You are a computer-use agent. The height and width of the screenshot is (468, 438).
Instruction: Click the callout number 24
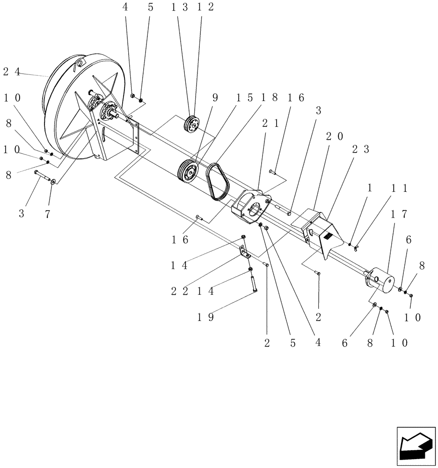click(12, 72)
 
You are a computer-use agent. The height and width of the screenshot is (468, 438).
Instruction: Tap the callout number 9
click(215, 98)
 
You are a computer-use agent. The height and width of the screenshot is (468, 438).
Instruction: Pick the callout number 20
click(334, 136)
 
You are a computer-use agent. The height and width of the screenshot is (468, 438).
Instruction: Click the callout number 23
click(360, 150)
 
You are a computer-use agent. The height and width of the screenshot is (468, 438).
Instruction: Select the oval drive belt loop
click(216, 183)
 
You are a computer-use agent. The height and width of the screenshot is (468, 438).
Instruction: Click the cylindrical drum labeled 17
click(381, 280)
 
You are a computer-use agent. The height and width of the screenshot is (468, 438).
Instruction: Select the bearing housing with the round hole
click(253, 205)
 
